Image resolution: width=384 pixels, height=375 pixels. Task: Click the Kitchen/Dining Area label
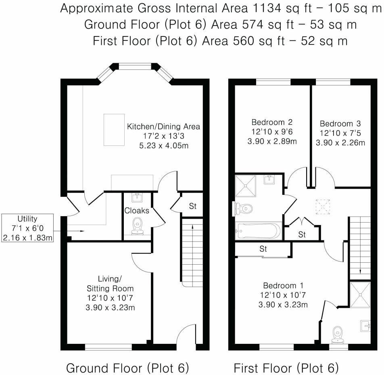pyautogui.click(x=163, y=126)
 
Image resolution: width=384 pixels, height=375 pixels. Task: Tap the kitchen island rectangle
pyautogui.click(x=113, y=130)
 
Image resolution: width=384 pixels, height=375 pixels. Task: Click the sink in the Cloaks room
pyautogui.click(x=137, y=197)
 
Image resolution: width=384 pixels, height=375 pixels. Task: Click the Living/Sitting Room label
pyautogui.click(x=110, y=284)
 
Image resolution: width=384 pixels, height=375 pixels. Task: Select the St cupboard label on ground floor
pyautogui.click(x=192, y=206)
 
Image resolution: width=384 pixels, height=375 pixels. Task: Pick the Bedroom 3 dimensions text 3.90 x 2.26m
pyautogui.click(x=340, y=143)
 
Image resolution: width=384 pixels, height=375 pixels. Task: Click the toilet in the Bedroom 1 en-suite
pyautogui.click(x=337, y=333)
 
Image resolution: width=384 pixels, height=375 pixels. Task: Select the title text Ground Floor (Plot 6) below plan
pyautogui.click(x=127, y=368)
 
